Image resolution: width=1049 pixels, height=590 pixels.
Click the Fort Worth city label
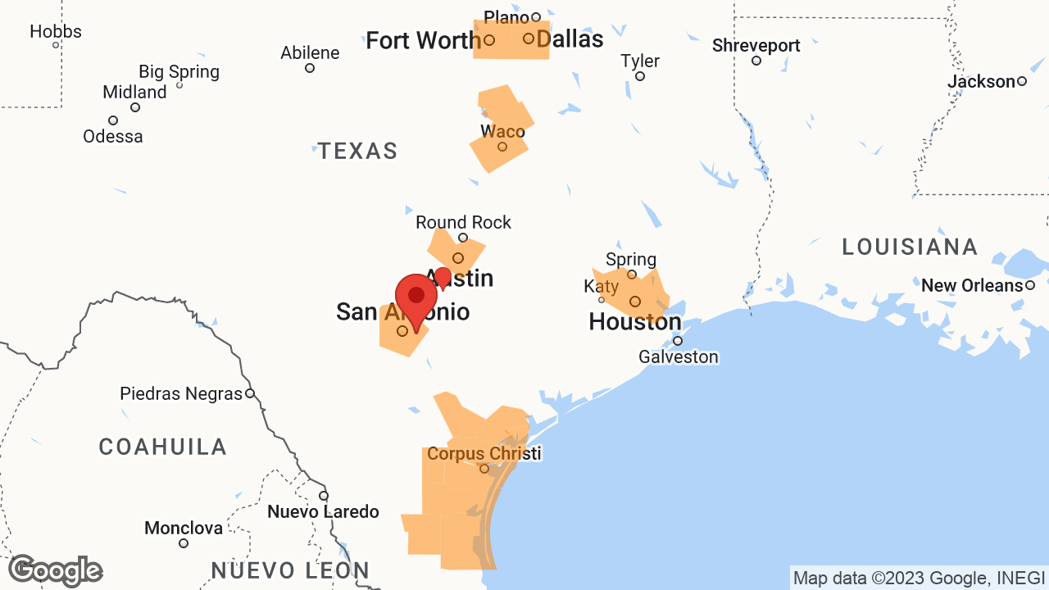coord(423,40)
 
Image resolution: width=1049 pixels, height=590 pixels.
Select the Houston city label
coord(635,322)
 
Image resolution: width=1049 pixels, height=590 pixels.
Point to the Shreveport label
coord(756,46)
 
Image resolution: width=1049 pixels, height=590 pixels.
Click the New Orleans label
coord(972,286)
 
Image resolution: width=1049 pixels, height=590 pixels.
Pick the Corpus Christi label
coord(484,454)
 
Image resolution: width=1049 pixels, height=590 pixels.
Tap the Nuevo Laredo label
coord(323,512)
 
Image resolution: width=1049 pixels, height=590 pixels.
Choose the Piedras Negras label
coord(181,393)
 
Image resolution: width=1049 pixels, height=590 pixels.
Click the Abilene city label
coord(310,53)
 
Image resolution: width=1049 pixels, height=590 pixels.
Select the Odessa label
coord(113,137)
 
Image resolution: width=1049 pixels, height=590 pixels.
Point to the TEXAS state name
coord(358,152)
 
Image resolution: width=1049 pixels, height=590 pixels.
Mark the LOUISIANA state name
coord(910,247)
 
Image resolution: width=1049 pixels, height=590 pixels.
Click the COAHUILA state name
coord(163,447)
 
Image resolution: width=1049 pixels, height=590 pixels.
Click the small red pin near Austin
coord(443,278)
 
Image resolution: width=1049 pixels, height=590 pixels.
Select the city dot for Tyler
coord(640,76)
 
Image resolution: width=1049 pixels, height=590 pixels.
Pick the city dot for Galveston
coord(678,341)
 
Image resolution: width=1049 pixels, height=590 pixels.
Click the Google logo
coord(55,571)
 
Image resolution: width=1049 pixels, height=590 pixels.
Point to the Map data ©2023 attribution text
coord(919,579)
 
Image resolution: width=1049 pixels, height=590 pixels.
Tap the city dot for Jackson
coord(1022,81)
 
